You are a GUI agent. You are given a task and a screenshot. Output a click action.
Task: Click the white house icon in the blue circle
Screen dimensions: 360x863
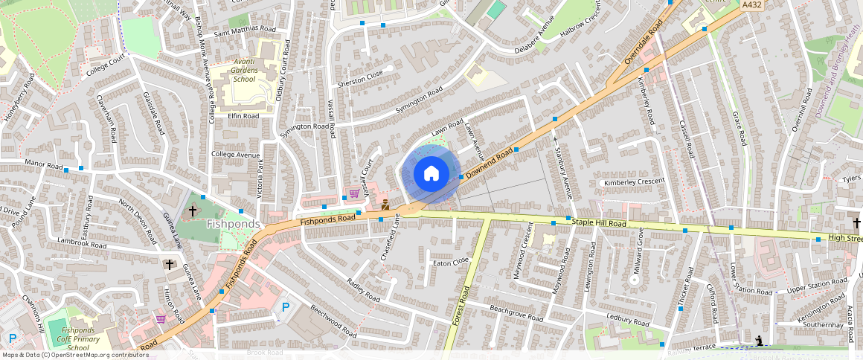pos(431,174)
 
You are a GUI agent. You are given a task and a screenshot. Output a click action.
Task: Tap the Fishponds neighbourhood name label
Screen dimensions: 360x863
pos(233,224)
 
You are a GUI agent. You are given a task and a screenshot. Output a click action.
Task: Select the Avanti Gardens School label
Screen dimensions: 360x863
pos(233,70)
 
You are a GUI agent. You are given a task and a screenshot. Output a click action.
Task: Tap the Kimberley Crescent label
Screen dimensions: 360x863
pos(634,182)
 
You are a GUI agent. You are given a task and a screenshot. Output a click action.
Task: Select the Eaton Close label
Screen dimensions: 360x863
pos(451,262)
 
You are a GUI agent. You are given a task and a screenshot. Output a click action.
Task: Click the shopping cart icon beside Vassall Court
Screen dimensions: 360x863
pos(354,193)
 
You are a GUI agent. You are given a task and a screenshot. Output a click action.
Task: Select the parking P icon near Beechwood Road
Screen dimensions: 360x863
pos(284,306)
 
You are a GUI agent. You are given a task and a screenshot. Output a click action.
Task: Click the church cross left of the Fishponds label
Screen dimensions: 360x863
pos(193,211)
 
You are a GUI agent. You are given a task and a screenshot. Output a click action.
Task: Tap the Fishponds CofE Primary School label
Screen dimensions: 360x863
pos(81,338)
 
